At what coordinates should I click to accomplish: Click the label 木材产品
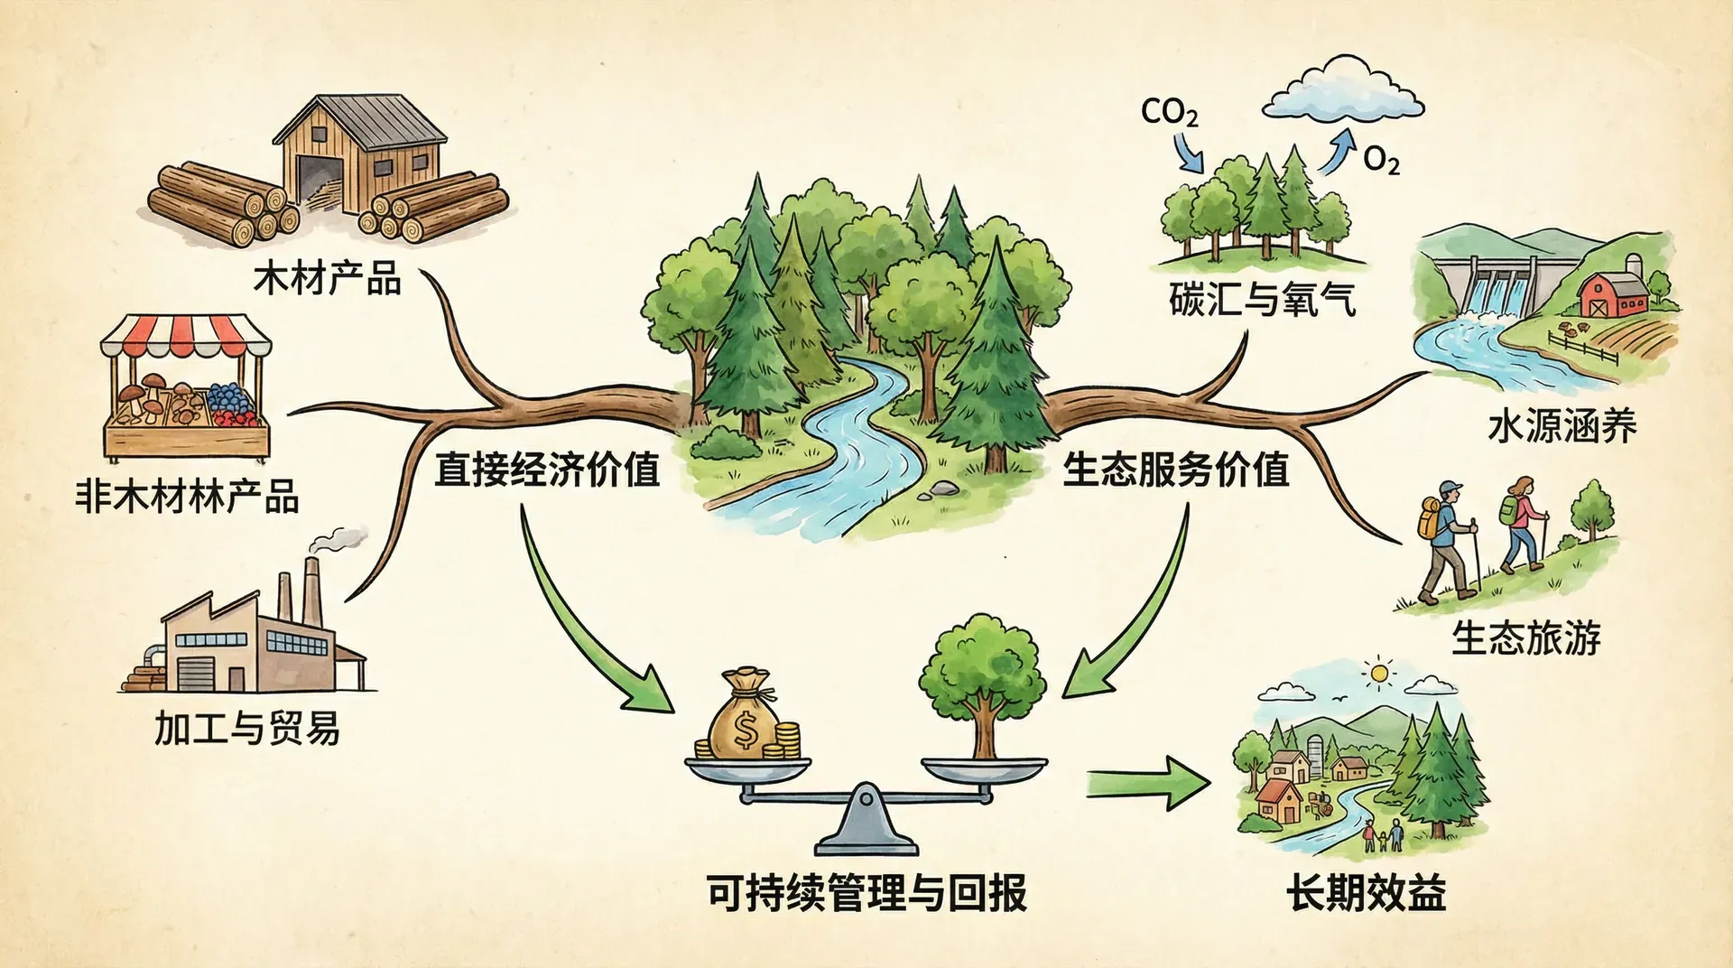coord(327,278)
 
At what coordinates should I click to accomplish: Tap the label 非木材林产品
coord(187,497)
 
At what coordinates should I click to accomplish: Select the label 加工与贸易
coord(246,728)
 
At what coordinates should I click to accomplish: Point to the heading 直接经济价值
coord(547,470)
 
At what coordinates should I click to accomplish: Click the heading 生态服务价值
coord(1175,470)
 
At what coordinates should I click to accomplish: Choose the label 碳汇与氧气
coord(1262,298)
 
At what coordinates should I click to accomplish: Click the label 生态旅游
coord(1525,638)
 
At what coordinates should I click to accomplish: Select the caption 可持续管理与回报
coord(866,893)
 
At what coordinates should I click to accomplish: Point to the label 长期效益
coord(1366,893)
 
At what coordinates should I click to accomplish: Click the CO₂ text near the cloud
coord(1169,112)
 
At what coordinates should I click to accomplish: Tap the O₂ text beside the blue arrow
coord(1381,161)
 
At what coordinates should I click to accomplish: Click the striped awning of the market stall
coord(186,336)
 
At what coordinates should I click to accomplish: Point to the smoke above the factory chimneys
coord(338,539)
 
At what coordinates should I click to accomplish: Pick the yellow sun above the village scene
coord(1378,673)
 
